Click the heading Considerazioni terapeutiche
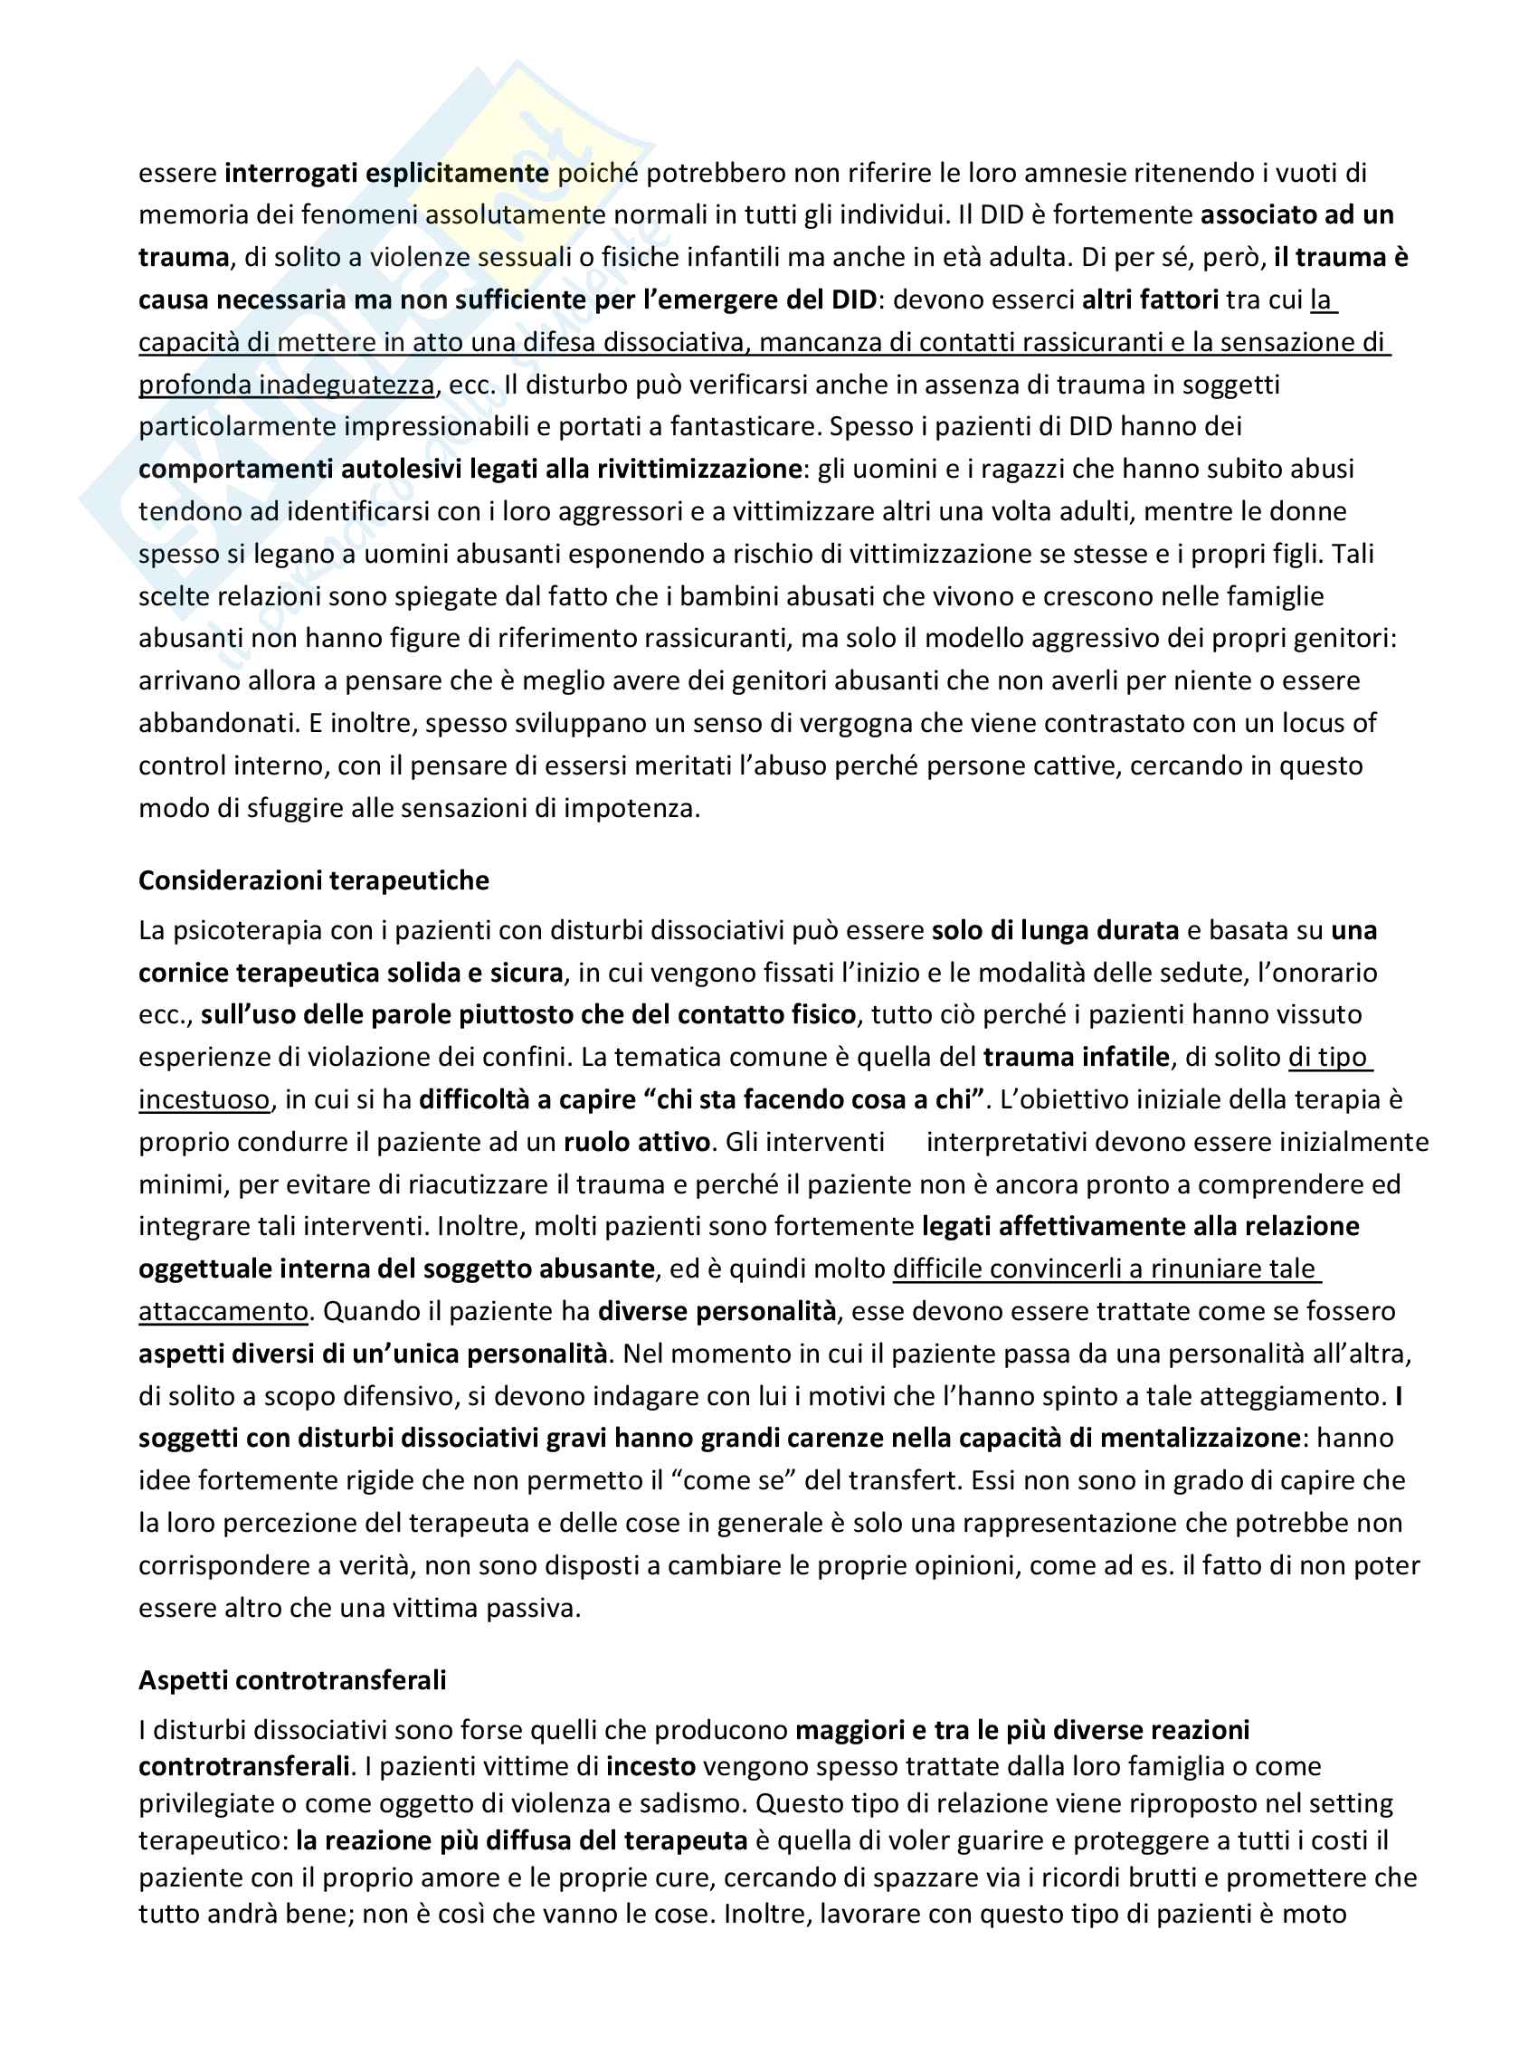coord(313,879)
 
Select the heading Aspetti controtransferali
coord(291,1680)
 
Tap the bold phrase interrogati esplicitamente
coord(386,173)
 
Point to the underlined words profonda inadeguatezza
coord(286,385)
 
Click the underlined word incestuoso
coord(204,1100)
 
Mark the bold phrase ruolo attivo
coord(637,1142)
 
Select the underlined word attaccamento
coord(223,1311)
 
